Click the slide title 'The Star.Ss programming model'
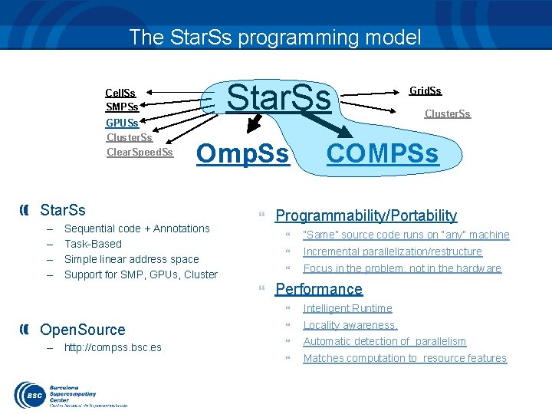click(275, 37)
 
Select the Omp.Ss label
click(243, 154)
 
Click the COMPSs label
click(383, 154)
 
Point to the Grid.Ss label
click(425, 90)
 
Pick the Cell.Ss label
click(120, 93)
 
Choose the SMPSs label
click(122, 107)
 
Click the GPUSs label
click(122, 123)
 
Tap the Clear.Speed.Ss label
click(140, 152)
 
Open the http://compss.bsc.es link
click(113, 347)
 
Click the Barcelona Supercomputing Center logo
click(69, 394)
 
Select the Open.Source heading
click(82, 330)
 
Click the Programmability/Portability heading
click(366, 215)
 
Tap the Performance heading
click(318, 289)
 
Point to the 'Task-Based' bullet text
click(93, 244)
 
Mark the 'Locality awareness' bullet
click(350, 325)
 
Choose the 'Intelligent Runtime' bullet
click(347, 308)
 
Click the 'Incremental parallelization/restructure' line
click(393, 251)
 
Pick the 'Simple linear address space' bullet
click(131, 259)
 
